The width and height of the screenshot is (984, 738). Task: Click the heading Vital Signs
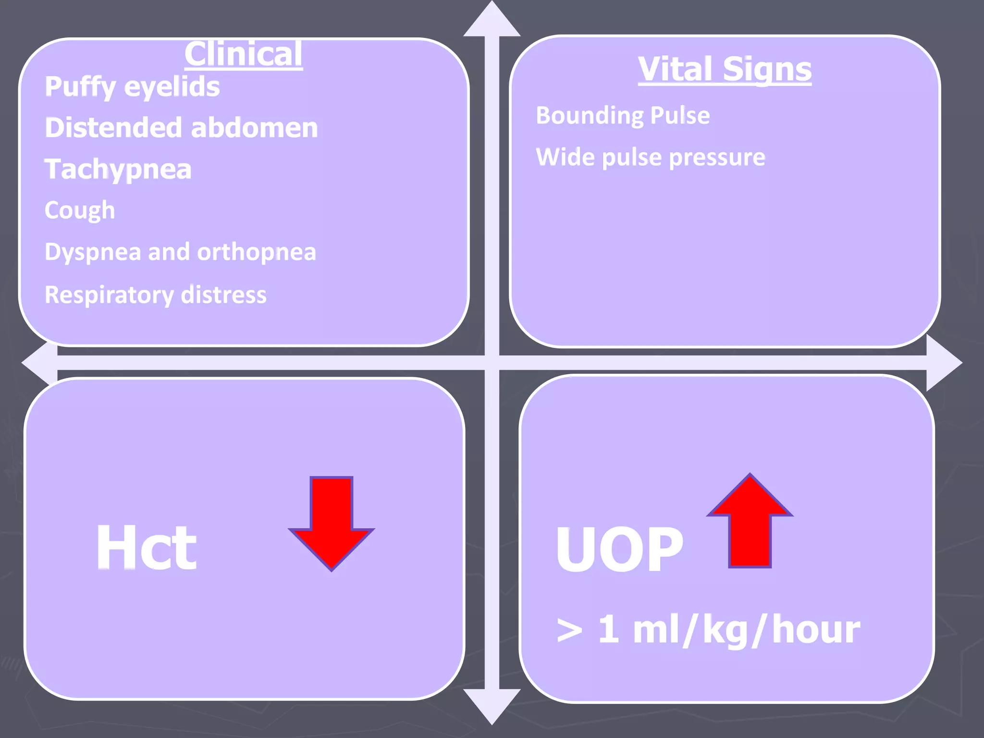[x=725, y=69]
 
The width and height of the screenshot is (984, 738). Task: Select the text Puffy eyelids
[x=132, y=87]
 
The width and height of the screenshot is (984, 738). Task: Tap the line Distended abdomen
[x=181, y=128]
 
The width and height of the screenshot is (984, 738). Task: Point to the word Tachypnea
[x=118, y=170]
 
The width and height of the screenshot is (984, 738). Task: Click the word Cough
[x=80, y=210]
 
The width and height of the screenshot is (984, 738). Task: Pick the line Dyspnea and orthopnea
[x=180, y=252]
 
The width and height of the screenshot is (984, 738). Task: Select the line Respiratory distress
[x=155, y=295]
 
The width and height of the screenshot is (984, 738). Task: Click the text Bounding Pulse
[x=623, y=116]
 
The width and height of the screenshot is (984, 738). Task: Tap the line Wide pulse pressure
[x=650, y=158]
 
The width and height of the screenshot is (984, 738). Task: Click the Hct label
[x=146, y=547]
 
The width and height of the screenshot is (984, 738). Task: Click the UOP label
[x=619, y=549]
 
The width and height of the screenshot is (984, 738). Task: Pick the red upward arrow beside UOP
[x=750, y=521]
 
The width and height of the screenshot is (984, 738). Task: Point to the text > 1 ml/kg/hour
[x=708, y=630]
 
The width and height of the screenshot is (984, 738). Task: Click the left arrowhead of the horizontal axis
[x=38, y=363]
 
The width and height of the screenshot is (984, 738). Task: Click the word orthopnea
[x=257, y=252]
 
